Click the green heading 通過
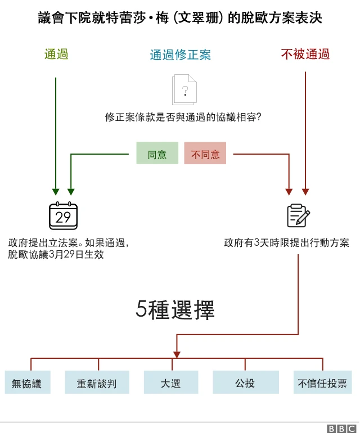[56, 55]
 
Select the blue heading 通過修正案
[180, 55]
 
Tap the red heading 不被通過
[305, 55]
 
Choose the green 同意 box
[157, 154]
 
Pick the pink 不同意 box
[205, 154]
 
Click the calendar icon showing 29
[63, 216]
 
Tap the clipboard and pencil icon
[298, 215]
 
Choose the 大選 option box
[170, 383]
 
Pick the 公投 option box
[245, 383]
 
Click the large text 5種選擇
[175, 310]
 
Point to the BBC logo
[341, 429]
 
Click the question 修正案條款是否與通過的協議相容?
[183, 118]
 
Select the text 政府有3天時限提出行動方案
[286, 243]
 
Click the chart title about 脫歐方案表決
[180, 19]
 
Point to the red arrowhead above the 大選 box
[177, 354]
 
